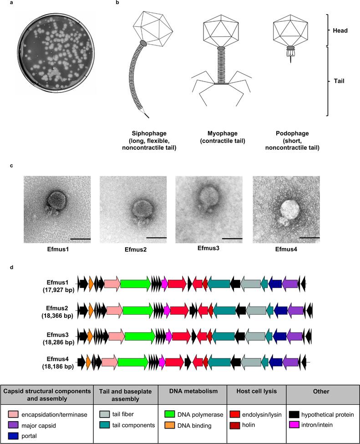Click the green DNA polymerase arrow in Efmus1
coord(136,284)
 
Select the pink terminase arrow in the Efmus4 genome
coord(109,362)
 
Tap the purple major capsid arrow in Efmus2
coord(295,310)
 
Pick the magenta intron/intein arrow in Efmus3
coord(168,336)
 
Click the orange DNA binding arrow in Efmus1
coord(91,284)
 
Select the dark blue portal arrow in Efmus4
coord(275,362)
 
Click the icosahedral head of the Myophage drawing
coord(221,28)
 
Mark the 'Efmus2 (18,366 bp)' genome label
coord(57,310)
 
